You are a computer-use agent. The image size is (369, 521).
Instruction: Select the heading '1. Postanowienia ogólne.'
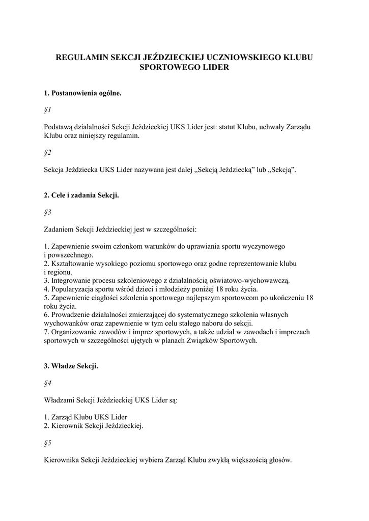(82, 94)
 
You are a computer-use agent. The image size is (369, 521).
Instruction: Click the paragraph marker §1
(48, 110)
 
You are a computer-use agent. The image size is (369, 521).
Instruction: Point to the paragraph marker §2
(48, 152)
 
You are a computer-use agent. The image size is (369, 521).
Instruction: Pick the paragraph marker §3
(48, 213)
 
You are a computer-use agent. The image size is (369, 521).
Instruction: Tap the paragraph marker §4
(48, 384)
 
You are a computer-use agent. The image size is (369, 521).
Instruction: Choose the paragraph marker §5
(48, 444)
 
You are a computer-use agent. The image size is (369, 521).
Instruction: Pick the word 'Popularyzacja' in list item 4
(71, 289)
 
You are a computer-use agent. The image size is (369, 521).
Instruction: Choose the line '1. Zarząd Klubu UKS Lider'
(86, 418)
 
